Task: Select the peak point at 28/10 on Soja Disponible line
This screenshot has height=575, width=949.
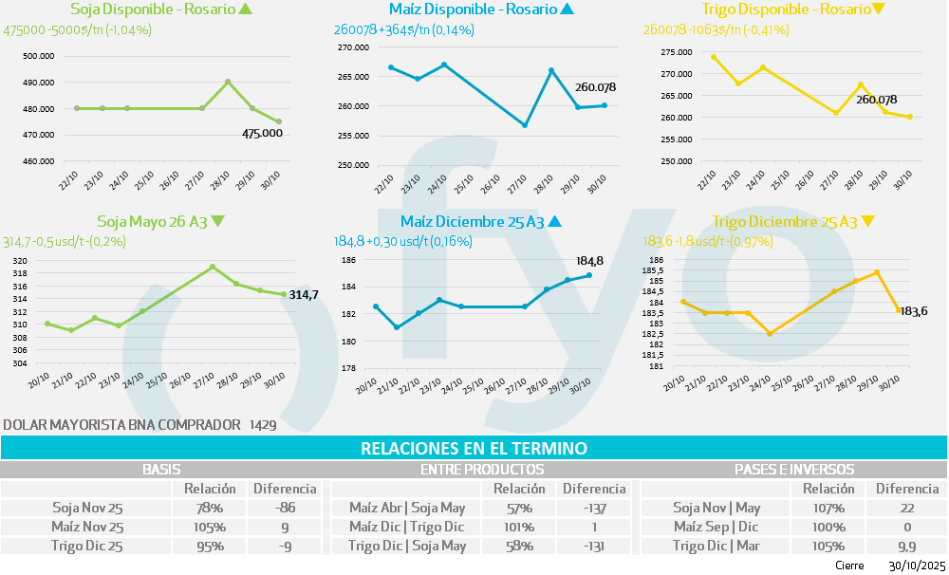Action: click(x=228, y=82)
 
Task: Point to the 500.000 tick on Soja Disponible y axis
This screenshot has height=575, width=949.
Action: click(x=38, y=56)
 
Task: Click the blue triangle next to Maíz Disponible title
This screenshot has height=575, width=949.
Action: click(x=567, y=9)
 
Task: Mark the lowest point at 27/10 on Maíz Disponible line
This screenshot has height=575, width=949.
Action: click(x=525, y=125)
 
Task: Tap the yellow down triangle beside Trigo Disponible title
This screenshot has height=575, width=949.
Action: click(x=878, y=9)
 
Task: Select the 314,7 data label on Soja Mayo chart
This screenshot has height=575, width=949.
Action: click(x=303, y=295)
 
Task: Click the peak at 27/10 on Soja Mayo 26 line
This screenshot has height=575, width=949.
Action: click(x=213, y=267)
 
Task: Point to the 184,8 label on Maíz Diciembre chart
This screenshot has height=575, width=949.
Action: click(x=590, y=260)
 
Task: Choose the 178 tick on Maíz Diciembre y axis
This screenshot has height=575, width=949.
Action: click(x=347, y=368)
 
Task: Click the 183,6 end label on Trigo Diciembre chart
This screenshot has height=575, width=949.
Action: click(x=912, y=311)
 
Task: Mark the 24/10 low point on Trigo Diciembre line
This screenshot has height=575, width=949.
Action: click(x=770, y=334)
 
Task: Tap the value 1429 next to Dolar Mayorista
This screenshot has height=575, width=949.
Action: click(x=263, y=425)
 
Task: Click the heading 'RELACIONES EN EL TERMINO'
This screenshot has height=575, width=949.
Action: click(x=474, y=448)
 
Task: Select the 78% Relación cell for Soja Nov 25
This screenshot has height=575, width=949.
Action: click(x=210, y=509)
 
